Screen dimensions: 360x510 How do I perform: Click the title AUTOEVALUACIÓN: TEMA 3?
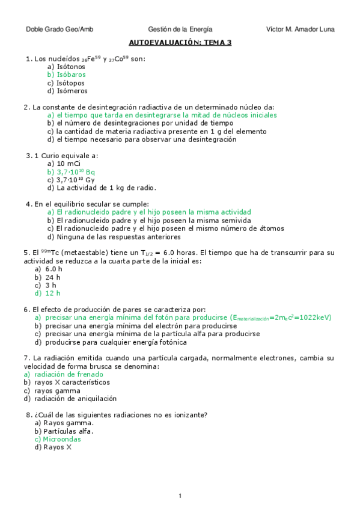(x=180, y=43)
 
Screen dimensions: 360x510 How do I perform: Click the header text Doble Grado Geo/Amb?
(x=59, y=29)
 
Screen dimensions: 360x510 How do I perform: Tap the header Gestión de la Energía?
(x=180, y=29)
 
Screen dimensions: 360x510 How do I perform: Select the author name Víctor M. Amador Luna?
(x=300, y=29)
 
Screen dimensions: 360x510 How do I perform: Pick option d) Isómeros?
(x=67, y=91)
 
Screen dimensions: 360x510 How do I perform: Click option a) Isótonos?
(x=66, y=67)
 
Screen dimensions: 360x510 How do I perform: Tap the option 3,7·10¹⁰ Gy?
(x=75, y=180)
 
